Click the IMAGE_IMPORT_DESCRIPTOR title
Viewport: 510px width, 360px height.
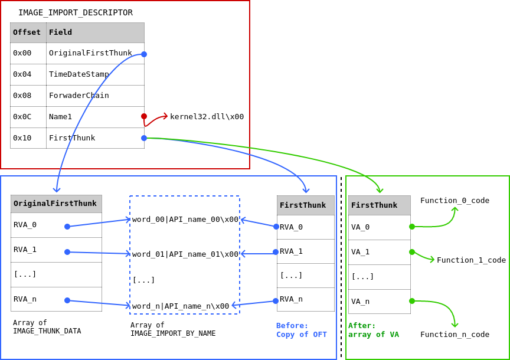pyautogui.click(x=76, y=12)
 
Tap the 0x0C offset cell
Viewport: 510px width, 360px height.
pyautogui.click(x=28, y=117)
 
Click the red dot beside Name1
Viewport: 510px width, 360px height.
pyautogui.click(x=144, y=116)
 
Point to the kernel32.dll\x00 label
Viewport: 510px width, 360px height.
pyautogui.click(x=207, y=116)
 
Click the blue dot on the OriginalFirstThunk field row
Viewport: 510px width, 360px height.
pyautogui.click(x=144, y=54)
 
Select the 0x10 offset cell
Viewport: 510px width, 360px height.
pyautogui.click(x=28, y=138)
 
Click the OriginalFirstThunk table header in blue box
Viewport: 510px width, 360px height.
pyautogui.click(x=55, y=204)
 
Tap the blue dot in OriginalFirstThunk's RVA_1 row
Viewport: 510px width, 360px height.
pyautogui.click(x=67, y=252)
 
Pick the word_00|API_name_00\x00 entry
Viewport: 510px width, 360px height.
pyautogui.click(x=185, y=220)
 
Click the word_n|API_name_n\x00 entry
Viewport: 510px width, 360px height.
pyautogui.click(x=181, y=306)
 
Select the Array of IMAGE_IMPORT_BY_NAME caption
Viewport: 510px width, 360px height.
pyautogui.click(x=173, y=329)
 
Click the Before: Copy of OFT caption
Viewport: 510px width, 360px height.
pyautogui.click(x=301, y=330)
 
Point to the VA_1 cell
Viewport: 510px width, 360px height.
pyautogui.click(x=378, y=252)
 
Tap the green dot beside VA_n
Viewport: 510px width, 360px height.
pyautogui.click(x=412, y=301)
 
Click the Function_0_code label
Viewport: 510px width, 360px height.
pyautogui.click(x=455, y=201)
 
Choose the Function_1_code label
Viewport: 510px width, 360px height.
pyautogui.click(x=471, y=260)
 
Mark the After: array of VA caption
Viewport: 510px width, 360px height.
pyautogui.click(x=373, y=330)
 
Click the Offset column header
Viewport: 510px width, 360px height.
pyautogui.click(x=27, y=32)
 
